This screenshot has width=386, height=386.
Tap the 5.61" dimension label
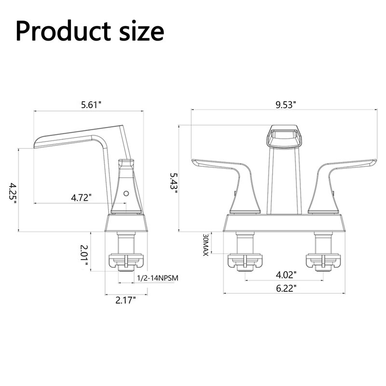click(x=91, y=105)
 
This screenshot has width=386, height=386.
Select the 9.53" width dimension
click(x=286, y=105)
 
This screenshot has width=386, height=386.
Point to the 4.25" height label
click(x=13, y=193)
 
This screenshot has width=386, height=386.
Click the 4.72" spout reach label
click(x=81, y=197)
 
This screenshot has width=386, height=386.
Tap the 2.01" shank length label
click(x=84, y=255)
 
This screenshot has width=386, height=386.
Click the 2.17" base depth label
click(x=125, y=300)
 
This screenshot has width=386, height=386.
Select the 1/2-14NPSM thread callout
click(x=158, y=278)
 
